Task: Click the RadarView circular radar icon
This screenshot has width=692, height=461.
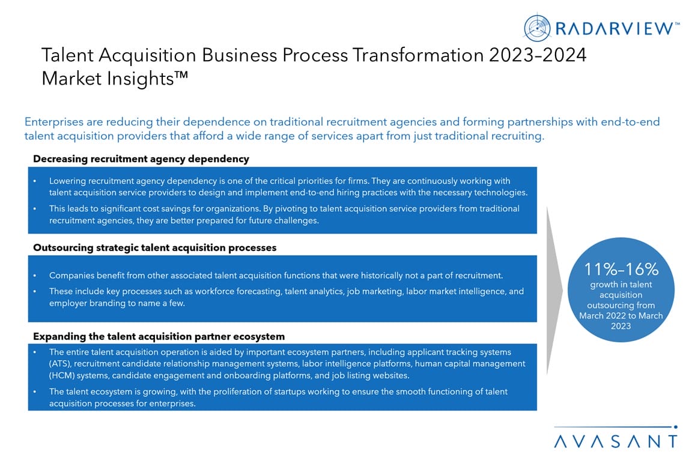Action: click(x=537, y=28)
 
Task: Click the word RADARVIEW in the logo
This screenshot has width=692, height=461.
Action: click(x=614, y=29)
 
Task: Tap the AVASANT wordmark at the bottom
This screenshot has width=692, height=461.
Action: click(x=616, y=442)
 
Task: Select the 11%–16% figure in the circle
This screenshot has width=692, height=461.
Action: click(x=621, y=269)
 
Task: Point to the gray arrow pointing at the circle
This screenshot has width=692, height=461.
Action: click(x=554, y=291)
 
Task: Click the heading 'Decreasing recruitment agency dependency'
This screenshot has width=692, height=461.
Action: click(x=141, y=159)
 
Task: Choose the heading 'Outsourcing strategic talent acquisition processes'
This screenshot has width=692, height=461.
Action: click(x=154, y=247)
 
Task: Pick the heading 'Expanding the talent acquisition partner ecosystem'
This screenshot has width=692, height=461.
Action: click(x=159, y=336)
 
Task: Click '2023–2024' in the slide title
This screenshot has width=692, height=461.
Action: click(x=538, y=55)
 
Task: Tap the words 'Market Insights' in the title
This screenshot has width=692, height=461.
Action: click(x=108, y=79)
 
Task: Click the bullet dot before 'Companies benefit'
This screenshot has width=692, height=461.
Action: click(x=35, y=276)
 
